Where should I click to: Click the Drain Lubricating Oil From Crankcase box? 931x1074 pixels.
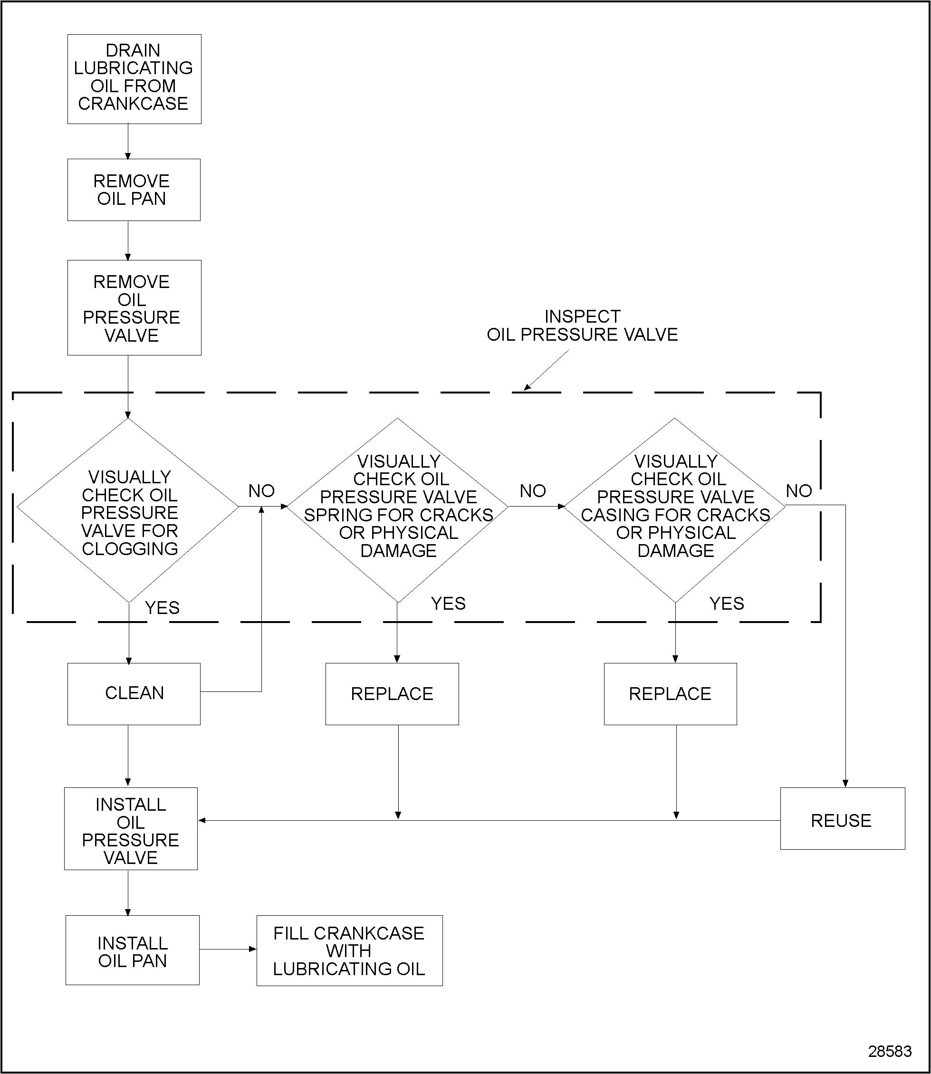coord(134,79)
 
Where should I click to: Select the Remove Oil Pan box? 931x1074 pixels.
coord(134,190)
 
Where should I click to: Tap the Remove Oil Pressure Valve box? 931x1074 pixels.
coord(134,307)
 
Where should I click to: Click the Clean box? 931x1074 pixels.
coord(134,694)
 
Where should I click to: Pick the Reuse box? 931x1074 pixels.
coord(842,820)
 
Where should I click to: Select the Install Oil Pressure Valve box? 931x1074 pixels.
coord(130,830)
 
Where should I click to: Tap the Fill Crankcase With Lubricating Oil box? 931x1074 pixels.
coord(349,951)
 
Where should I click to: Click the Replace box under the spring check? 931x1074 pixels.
coord(392,694)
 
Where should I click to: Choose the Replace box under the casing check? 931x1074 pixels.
coord(670,694)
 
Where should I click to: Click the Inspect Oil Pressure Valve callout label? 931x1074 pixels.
coord(582,325)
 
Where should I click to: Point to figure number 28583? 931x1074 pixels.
coord(890,1051)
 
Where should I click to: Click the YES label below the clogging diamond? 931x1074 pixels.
coord(162,607)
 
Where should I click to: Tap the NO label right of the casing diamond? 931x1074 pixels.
coord(798,490)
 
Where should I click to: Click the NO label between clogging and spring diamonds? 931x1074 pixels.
coord(261,490)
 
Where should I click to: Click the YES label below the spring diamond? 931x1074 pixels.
coord(448,603)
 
